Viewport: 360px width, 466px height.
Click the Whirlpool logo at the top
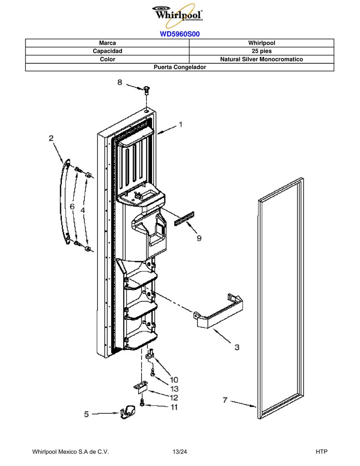pos(178,15)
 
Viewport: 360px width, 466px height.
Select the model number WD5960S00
pos(180,34)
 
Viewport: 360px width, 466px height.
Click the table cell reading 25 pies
pos(262,51)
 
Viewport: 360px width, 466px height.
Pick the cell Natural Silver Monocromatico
pos(262,59)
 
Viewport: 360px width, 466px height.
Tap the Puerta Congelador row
pos(180,67)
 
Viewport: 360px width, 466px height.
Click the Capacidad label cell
pos(107,51)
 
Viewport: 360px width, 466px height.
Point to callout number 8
pos(120,82)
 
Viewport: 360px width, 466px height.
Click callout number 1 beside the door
pos(180,125)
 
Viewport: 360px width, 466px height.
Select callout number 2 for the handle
pos(51,138)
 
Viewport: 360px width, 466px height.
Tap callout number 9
pos(199,238)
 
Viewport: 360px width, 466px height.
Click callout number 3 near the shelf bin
pos(237,347)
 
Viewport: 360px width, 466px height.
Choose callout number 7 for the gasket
pos(225,400)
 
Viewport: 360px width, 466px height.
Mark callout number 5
pos(86,414)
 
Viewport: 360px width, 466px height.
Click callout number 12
pos(174,398)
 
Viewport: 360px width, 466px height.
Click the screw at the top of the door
pos(146,90)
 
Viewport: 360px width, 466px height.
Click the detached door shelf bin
pos(218,312)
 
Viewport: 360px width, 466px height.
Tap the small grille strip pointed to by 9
pos(184,219)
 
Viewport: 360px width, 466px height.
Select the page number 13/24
pos(180,452)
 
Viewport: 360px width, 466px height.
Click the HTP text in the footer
pos(321,452)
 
